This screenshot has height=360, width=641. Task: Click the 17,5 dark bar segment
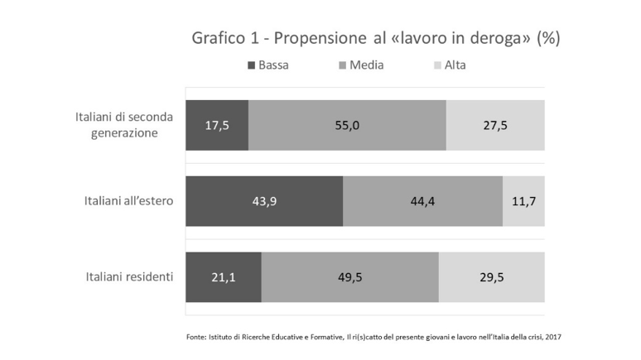click(217, 125)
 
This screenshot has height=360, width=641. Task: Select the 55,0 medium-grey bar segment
click(347, 125)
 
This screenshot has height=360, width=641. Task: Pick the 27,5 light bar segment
click(495, 125)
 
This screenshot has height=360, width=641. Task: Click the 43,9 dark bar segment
click(264, 200)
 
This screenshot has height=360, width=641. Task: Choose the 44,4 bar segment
click(422, 200)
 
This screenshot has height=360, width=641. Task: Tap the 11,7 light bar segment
click(523, 200)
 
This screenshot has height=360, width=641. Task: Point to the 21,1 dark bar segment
click(224, 276)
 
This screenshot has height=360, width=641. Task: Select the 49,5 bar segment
click(349, 276)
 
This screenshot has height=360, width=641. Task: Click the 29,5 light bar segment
click(492, 276)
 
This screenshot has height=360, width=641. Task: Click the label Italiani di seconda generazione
click(123, 124)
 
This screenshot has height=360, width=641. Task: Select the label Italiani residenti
click(129, 276)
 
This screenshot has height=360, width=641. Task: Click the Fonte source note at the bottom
click(374, 337)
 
